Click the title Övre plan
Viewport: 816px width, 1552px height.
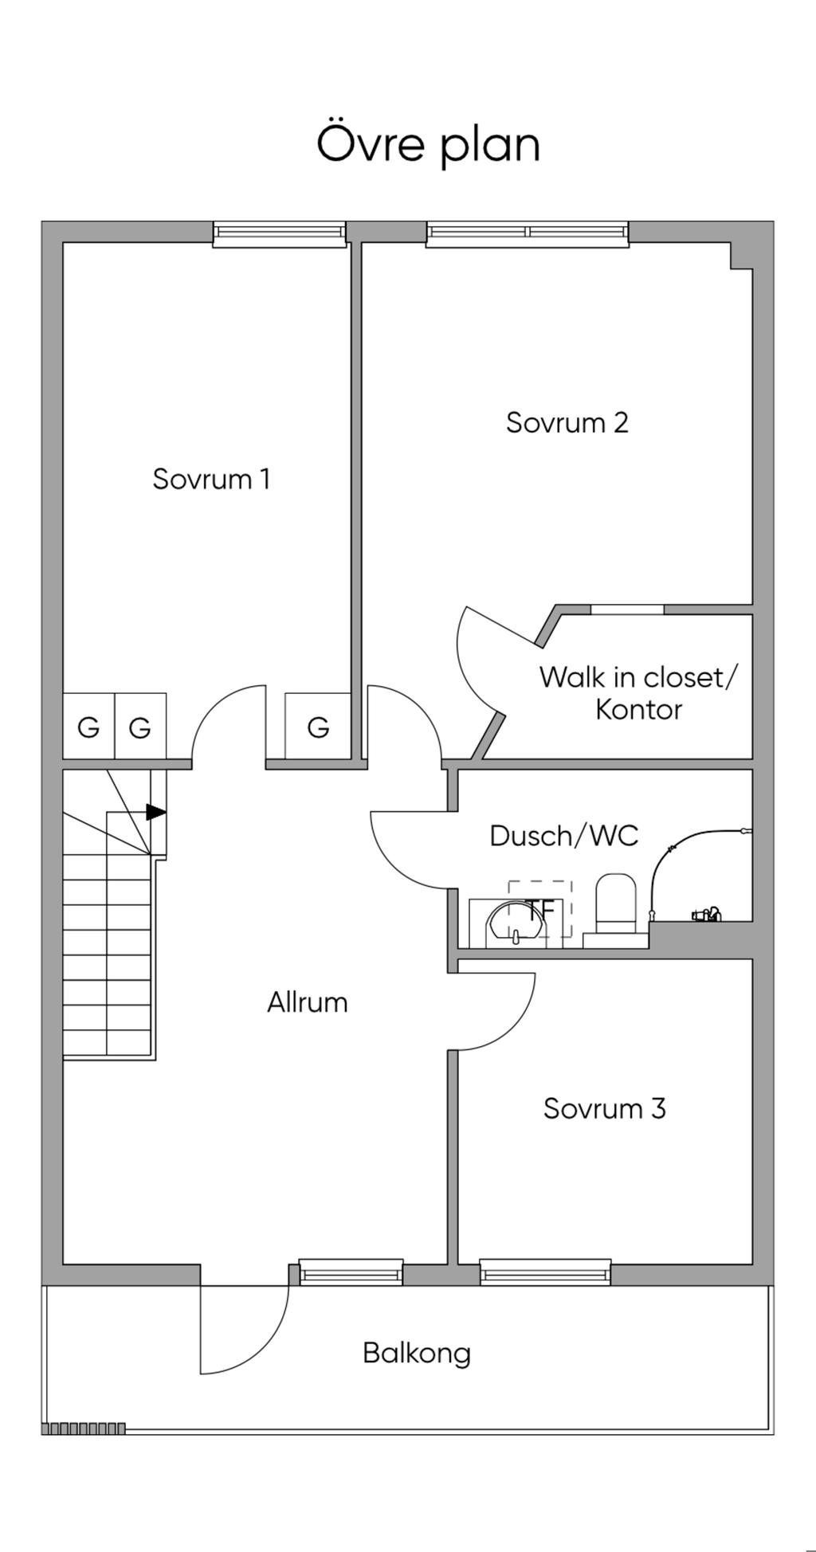(428, 144)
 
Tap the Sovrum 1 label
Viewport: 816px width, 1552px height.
(211, 479)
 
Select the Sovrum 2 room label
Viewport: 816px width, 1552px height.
(567, 422)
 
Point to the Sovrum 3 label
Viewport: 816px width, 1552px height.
(604, 1108)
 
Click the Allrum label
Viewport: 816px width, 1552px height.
(308, 1002)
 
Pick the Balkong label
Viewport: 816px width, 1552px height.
(417, 1353)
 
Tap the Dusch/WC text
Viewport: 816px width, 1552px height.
(563, 836)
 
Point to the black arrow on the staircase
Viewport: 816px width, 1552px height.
(156, 813)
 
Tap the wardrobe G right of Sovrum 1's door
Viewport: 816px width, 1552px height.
(318, 727)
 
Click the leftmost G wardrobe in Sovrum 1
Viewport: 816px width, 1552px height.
(88, 727)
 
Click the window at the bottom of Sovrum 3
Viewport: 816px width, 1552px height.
(545, 1272)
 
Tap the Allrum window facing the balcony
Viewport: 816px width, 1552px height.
(351, 1272)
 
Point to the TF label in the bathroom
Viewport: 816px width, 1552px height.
(539, 908)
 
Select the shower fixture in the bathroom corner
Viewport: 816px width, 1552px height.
(706, 914)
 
